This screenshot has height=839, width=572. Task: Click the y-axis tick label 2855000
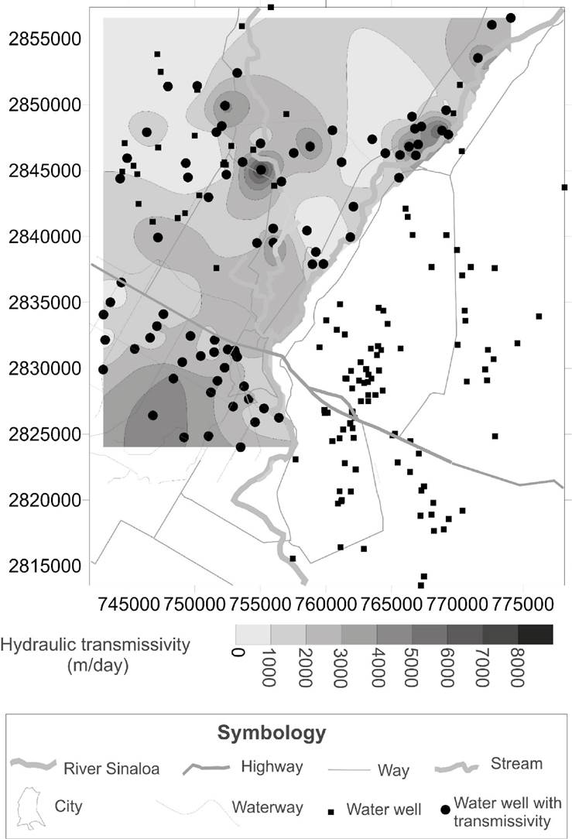click(44, 39)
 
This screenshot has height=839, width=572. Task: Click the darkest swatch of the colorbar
click(535, 634)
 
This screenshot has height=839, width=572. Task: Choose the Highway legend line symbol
click(207, 769)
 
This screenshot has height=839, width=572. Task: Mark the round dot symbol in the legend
click(445, 810)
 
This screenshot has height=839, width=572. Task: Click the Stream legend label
click(516, 764)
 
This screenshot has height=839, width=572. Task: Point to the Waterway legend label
click(267, 807)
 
